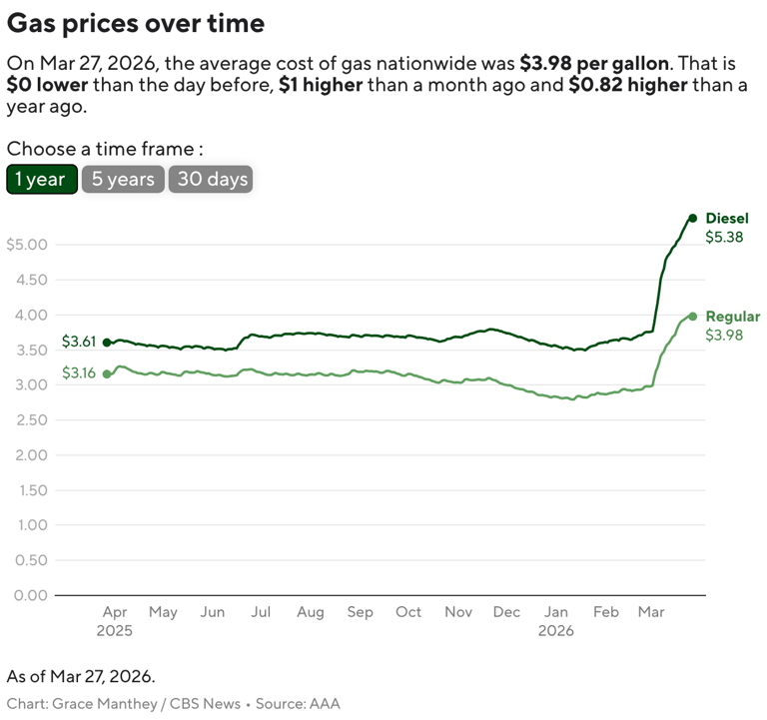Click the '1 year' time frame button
point(41,180)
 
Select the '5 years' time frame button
point(123,180)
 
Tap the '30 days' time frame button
point(210,180)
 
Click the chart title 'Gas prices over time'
point(136,23)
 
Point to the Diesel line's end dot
point(692,218)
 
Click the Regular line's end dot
point(692,316)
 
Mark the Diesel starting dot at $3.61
point(107,343)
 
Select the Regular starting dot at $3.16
point(107,373)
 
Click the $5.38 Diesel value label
point(724,238)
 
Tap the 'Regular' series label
point(732,317)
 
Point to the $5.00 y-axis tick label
point(27,245)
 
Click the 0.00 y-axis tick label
point(29,595)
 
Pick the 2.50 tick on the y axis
point(29,420)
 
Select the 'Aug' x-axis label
point(311,612)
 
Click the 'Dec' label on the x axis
point(506,612)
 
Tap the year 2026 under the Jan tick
point(556,631)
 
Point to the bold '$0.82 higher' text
point(627,84)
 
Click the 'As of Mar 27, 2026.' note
point(81,676)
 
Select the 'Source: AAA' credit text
point(298,704)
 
